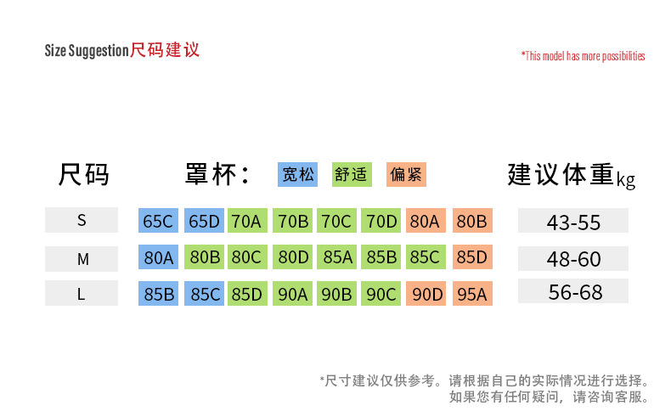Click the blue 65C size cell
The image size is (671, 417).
click(x=158, y=222)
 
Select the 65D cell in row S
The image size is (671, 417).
click(x=204, y=222)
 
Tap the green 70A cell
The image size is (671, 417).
click(x=246, y=222)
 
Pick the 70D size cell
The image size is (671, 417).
click(x=381, y=222)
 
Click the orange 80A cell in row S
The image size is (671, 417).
click(x=425, y=222)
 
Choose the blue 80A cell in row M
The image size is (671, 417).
click(x=158, y=257)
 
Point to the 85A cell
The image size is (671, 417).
click(x=337, y=257)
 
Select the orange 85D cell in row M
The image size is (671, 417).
click(x=471, y=257)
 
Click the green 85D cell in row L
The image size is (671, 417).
click(x=246, y=295)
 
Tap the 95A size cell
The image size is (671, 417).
click(x=471, y=295)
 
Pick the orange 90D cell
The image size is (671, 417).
click(x=427, y=295)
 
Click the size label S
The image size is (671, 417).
click(x=82, y=221)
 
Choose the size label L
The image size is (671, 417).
click(x=82, y=293)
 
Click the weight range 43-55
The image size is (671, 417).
click(x=573, y=223)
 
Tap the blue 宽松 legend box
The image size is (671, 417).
click(x=298, y=175)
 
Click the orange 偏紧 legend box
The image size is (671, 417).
click(x=406, y=175)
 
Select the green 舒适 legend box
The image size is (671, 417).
click(x=352, y=175)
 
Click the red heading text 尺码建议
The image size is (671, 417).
click(x=165, y=49)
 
